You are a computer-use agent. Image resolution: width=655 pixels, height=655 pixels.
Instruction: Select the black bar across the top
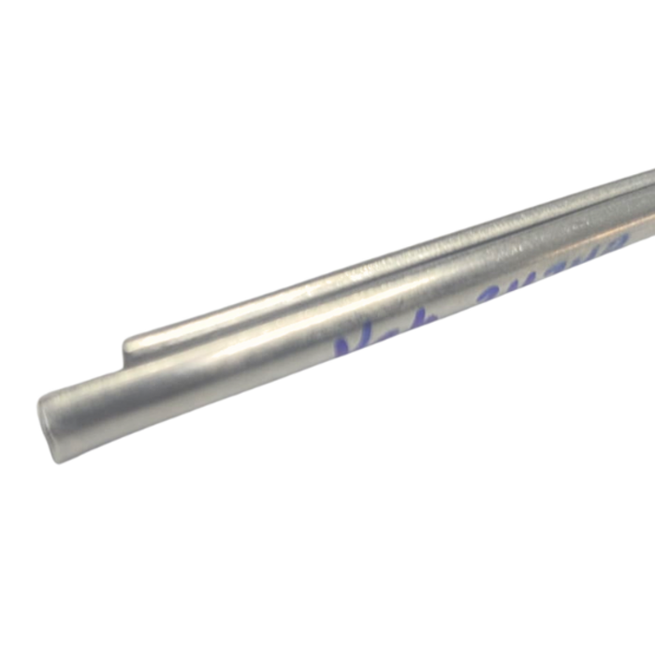pos(327,26)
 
